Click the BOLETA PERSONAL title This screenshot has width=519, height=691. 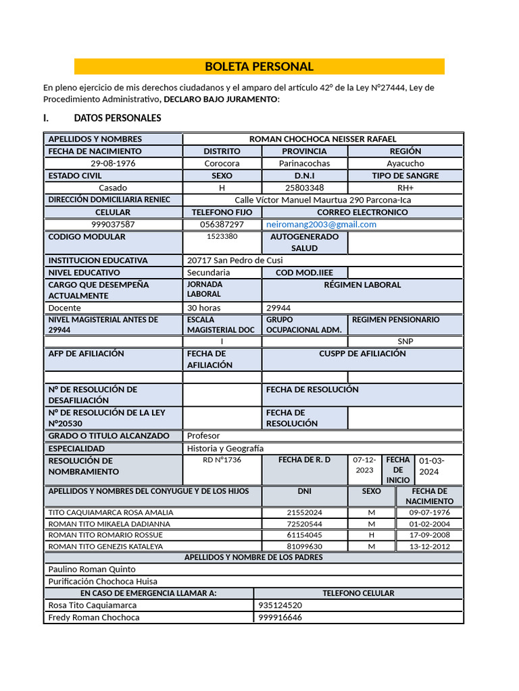[x=259, y=67]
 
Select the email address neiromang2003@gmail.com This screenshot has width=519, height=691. [x=321, y=224]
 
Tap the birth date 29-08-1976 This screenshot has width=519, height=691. [x=113, y=163]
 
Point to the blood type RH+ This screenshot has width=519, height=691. [x=405, y=188]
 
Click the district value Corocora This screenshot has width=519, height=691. [x=222, y=163]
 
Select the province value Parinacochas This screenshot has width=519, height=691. [x=304, y=163]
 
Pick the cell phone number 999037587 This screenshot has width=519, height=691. [x=113, y=224]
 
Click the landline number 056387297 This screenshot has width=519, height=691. [x=222, y=224]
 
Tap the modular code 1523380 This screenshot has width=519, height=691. [x=222, y=237]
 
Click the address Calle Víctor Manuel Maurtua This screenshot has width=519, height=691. [x=322, y=200]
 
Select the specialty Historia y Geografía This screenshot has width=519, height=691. [x=225, y=448]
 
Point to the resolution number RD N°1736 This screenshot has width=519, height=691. [x=222, y=460]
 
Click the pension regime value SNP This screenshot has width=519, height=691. [x=405, y=341]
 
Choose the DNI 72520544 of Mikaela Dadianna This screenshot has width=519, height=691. [x=304, y=524]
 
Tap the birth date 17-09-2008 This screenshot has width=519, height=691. [x=429, y=535]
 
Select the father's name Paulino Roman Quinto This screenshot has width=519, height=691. [x=92, y=569]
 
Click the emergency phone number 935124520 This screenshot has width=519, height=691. [x=280, y=605]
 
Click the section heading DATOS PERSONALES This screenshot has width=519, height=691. [x=118, y=118]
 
